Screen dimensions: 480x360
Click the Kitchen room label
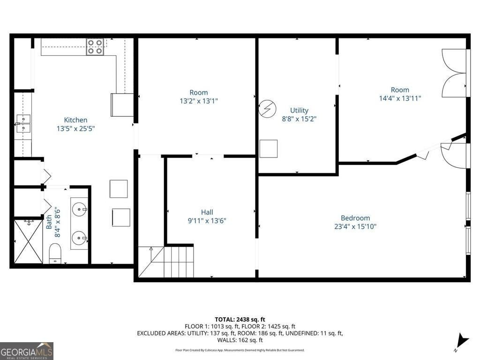click(x=75, y=120)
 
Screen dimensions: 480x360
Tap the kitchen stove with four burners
click(x=95, y=47)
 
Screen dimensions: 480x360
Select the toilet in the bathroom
click(x=55, y=253)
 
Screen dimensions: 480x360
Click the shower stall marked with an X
click(x=29, y=241)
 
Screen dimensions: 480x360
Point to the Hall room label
click(x=207, y=212)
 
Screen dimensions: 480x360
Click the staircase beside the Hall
click(x=166, y=262)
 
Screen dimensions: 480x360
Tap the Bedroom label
click(x=355, y=218)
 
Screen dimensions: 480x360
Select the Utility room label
click(x=299, y=110)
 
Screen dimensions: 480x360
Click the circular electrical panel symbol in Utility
click(x=267, y=108)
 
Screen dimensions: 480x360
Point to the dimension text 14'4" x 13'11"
click(x=400, y=98)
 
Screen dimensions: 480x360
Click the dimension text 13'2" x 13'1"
click(x=199, y=101)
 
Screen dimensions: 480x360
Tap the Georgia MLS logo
click(x=27, y=351)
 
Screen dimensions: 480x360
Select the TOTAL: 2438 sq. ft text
click(x=240, y=320)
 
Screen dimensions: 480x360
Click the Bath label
click(x=49, y=222)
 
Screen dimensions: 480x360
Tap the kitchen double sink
click(x=23, y=124)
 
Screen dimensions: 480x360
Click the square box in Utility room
click(x=269, y=149)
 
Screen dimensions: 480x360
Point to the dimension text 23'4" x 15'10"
click(x=355, y=226)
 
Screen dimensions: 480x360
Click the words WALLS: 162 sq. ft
click(x=240, y=340)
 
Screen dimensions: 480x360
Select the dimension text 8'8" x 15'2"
click(x=299, y=119)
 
